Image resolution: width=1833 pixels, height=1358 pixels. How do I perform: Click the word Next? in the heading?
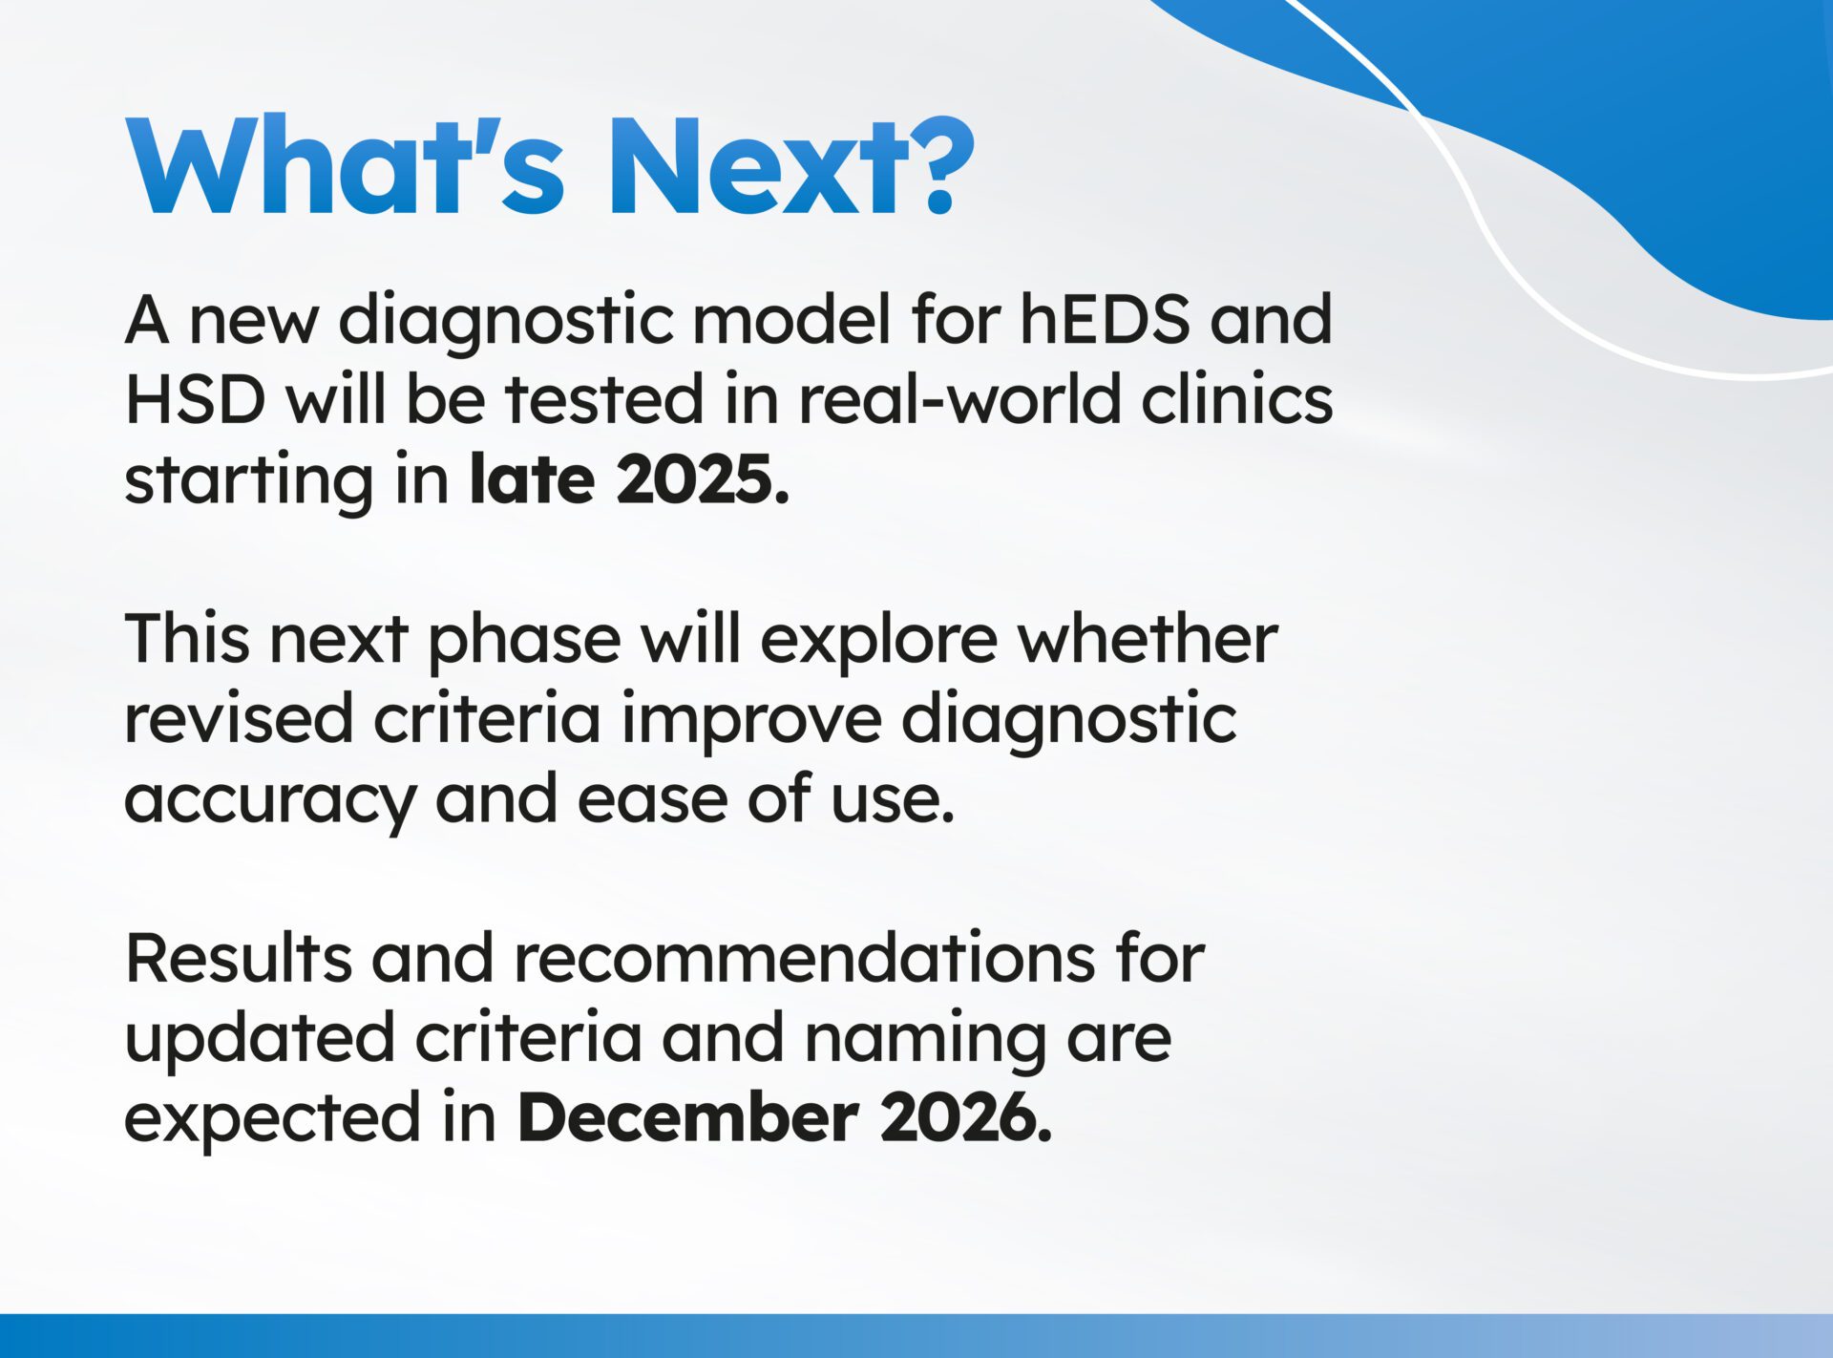coord(790,167)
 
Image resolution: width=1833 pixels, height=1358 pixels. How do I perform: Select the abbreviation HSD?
coord(195,399)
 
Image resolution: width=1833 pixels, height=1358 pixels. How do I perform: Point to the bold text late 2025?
coord(629,479)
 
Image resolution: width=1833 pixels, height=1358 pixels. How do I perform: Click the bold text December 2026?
coord(784,1118)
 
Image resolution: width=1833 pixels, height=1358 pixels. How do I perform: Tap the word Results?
coord(238,958)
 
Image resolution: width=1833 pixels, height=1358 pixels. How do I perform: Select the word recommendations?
coord(805,958)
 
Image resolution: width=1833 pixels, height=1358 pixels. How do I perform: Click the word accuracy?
coord(270,800)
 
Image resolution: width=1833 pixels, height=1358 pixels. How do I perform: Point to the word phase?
coord(524,640)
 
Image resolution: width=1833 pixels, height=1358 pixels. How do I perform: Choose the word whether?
coord(1147,639)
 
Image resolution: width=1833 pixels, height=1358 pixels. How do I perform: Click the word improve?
coord(751,720)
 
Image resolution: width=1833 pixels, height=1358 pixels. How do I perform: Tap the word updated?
coord(260,1039)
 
